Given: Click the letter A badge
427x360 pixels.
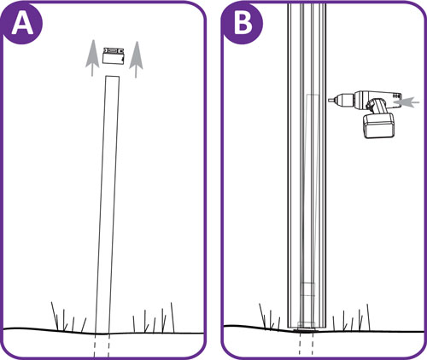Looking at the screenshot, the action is pyautogui.click(x=23, y=23).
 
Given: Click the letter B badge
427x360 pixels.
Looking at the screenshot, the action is pyautogui.click(x=243, y=23).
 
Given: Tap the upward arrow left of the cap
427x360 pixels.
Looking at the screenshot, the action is pyautogui.click(x=92, y=58).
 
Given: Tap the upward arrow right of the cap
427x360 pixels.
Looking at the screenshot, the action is pyautogui.click(x=136, y=60).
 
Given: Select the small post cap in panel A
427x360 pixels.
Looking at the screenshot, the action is pyautogui.click(x=114, y=55).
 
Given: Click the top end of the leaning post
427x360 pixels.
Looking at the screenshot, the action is pyautogui.click(x=113, y=76).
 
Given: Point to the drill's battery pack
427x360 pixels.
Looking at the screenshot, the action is pyautogui.click(x=379, y=125).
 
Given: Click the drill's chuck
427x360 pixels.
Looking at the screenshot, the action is pyautogui.click(x=344, y=99).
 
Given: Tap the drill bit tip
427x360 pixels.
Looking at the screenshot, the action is pyautogui.click(x=329, y=100).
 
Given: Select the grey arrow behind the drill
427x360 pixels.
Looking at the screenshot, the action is pyautogui.click(x=406, y=102).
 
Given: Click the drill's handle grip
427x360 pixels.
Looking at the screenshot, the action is pyautogui.click(x=377, y=106).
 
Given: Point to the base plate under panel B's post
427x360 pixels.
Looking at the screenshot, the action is pyautogui.click(x=307, y=330).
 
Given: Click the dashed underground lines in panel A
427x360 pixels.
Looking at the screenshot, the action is pyautogui.click(x=102, y=345).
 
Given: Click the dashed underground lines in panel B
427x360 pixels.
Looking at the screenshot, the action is pyautogui.click(x=306, y=344).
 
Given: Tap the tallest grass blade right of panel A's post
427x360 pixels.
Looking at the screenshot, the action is pyautogui.click(x=173, y=317).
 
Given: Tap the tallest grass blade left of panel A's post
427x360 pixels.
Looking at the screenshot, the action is pyautogui.click(x=55, y=316).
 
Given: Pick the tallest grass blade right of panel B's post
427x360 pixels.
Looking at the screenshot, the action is pyautogui.click(x=368, y=317).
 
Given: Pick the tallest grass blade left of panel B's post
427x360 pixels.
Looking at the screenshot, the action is pyautogui.click(x=262, y=316).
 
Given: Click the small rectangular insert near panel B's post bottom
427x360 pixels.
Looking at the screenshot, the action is pyautogui.click(x=308, y=290).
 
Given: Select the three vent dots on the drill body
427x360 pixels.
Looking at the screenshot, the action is pyautogui.click(x=397, y=96).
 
